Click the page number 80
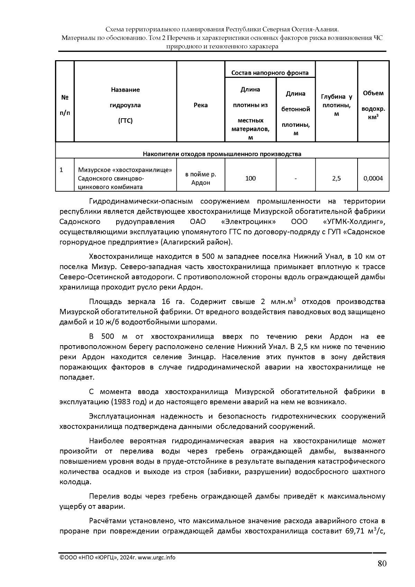(x=382, y=564)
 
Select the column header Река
(x=201, y=105)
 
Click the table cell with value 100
(x=250, y=178)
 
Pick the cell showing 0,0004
(x=373, y=178)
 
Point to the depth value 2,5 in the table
(x=336, y=178)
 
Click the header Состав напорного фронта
(x=270, y=73)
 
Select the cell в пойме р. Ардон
(x=201, y=178)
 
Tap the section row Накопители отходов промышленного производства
(x=222, y=154)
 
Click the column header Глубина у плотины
(x=336, y=105)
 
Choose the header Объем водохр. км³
(x=373, y=105)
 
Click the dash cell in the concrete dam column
(x=295, y=178)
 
